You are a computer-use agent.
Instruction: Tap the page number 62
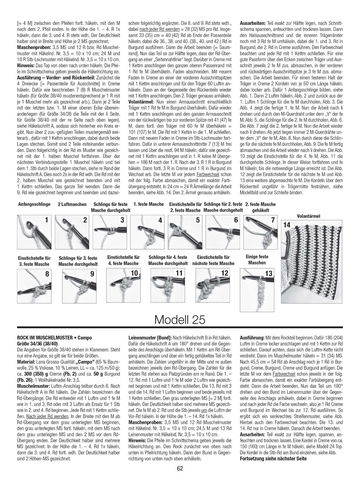pyautogui.click(x=180, y=468)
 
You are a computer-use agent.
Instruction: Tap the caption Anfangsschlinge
pyautogui.click(x=34, y=204)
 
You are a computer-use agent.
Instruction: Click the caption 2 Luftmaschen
pyautogui.click(x=72, y=204)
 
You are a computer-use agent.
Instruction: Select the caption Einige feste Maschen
pyautogui.click(x=257, y=260)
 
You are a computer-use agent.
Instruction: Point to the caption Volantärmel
pyautogui.click(x=309, y=216)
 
